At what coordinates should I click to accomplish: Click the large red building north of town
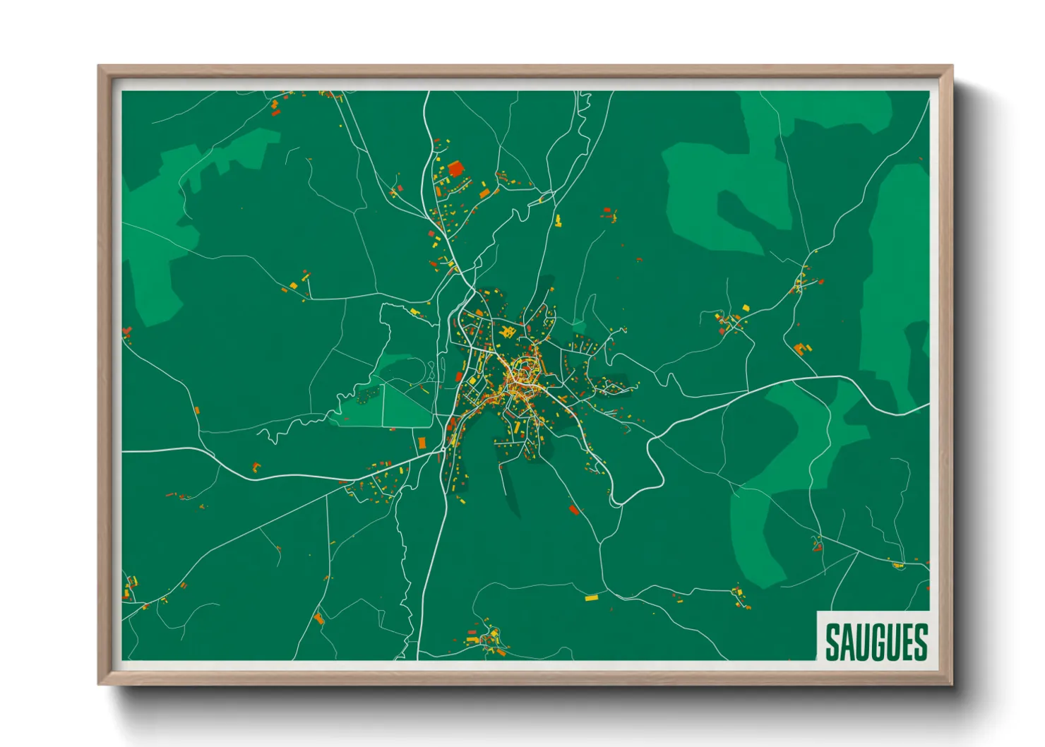point(455,168)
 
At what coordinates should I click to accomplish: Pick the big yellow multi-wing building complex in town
point(506,330)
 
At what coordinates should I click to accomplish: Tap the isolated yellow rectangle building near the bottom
point(591,598)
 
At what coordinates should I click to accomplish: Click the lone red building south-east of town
point(574,508)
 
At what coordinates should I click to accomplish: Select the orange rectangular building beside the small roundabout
point(422,443)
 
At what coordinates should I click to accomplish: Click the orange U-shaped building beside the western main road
point(256,466)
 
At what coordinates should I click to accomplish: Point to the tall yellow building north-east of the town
point(558,220)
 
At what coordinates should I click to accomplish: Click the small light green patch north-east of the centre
point(579,326)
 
